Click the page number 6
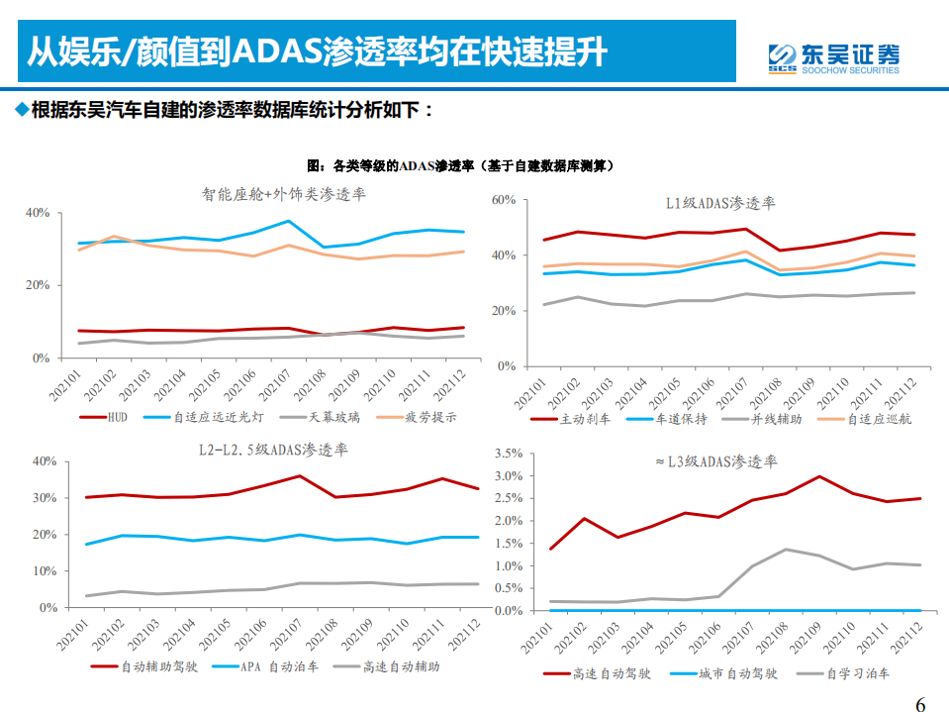[x=920, y=704]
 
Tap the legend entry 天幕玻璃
[x=332, y=417]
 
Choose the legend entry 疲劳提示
[x=432, y=417]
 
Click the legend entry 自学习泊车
[x=858, y=673]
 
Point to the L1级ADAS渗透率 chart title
[x=719, y=204]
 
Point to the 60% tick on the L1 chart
[x=504, y=200]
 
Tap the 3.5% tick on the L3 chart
[x=506, y=454]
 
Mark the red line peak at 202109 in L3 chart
[x=818, y=476]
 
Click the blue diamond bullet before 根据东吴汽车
[x=21, y=109]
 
